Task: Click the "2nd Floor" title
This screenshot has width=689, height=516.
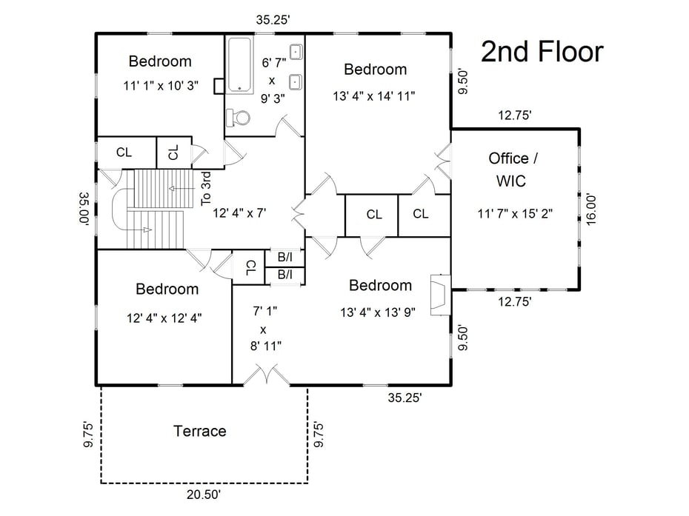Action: (x=542, y=53)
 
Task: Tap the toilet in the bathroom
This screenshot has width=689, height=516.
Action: (x=239, y=116)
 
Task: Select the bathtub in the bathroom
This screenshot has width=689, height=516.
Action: (x=239, y=65)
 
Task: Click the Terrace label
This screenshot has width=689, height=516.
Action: (x=199, y=431)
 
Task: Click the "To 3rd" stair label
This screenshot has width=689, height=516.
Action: (x=207, y=190)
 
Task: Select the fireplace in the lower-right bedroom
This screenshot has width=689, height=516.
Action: (x=439, y=293)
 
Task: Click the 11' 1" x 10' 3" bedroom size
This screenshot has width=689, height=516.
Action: (x=161, y=85)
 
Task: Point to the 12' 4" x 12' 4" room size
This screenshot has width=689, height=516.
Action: (x=165, y=318)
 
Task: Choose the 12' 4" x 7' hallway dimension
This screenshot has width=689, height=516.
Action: (x=239, y=212)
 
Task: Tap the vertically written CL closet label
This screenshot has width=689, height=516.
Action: (x=173, y=153)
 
